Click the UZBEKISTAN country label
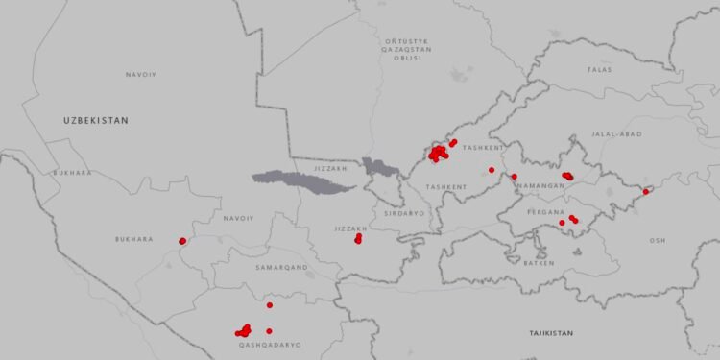coord(95,120)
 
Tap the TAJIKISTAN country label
coord(550,333)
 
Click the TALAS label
coord(599,69)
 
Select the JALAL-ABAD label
coord(616,134)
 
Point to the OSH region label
coord(657,240)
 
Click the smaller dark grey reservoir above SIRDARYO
coord(381,168)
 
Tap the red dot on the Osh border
coord(645,192)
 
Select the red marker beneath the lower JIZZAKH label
coord(358,238)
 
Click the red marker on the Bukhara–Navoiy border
coord(182,241)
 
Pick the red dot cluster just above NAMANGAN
coord(567,176)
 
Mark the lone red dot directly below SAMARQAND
coord(270,305)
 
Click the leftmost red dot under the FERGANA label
coord(562,223)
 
